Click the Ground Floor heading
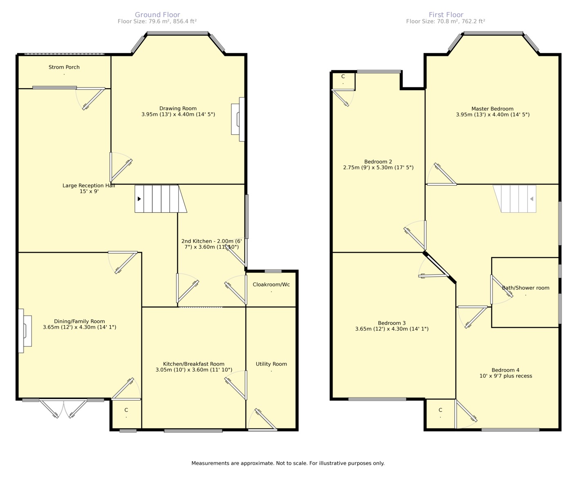tap(157, 15)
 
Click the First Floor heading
tap(446, 15)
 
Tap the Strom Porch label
tap(64, 67)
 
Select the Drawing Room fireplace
tap(238, 119)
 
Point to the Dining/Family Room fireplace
tap(25, 331)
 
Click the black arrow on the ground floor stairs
tap(139, 199)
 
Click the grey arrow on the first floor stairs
tap(531, 199)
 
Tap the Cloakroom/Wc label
tap(271, 284)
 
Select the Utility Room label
tap(271, 364)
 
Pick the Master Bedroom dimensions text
tap(492, 115)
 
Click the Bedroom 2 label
tap(378, 162)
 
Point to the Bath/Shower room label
tap(526, 288)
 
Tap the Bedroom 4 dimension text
tap(505, 376)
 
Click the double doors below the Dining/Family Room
tap(64, 408)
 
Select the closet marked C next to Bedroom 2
tap(343, 81)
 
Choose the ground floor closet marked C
tap(126, 414)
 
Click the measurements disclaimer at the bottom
tap(288, 463)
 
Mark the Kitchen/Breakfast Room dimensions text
tap(194, 370)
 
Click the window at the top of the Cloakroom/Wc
tap(273, 271)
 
